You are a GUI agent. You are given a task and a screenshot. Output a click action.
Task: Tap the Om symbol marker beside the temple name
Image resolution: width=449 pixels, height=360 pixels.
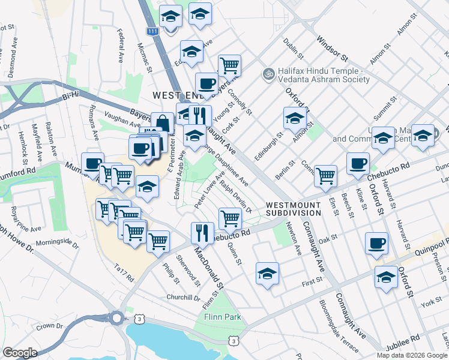click(268, 74)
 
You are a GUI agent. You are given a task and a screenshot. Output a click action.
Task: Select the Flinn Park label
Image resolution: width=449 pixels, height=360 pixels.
click(222, 316)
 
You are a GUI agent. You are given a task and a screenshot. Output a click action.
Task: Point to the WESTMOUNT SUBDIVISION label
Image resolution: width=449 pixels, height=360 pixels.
click(294, 208)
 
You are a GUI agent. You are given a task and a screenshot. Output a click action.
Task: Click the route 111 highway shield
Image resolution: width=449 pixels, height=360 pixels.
click(153, 31)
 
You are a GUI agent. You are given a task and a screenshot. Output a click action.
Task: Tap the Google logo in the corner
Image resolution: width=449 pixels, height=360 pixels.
click(20, 352)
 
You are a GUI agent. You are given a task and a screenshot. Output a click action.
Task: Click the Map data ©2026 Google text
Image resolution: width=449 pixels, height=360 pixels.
click(411, 355)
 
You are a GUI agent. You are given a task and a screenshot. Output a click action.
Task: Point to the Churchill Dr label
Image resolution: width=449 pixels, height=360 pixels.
click(183, 297)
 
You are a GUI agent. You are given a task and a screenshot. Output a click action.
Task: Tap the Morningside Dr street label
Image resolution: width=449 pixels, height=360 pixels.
click(57, 244)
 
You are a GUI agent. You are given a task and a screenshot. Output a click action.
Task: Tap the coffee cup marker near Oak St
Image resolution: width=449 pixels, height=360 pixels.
click(376, 243)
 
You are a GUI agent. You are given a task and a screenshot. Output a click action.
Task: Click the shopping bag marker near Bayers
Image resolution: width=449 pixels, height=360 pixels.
click(161, 123)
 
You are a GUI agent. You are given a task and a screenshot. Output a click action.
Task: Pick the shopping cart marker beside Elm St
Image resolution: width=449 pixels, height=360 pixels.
click(325, 175)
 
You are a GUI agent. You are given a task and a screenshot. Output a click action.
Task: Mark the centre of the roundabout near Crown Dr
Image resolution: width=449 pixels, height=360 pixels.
click(116, 317)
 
